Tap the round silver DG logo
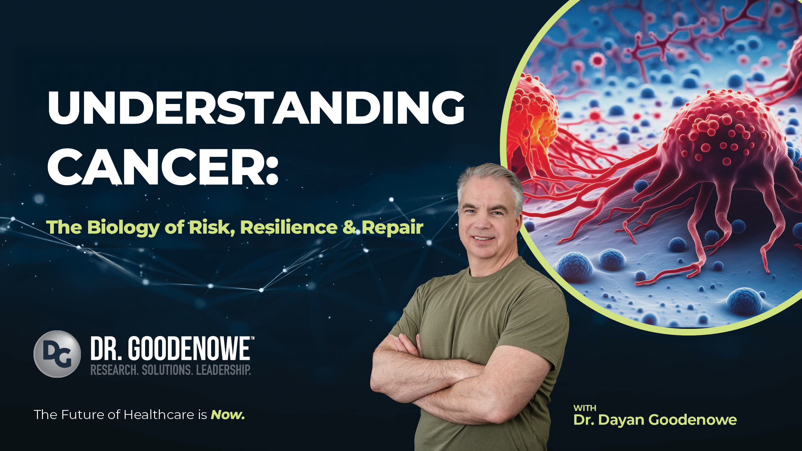click(57, 354)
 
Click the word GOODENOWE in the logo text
click(189, 348)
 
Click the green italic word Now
click(228, 415)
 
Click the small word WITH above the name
click(585, 408)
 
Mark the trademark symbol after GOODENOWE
click(253, 338)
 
